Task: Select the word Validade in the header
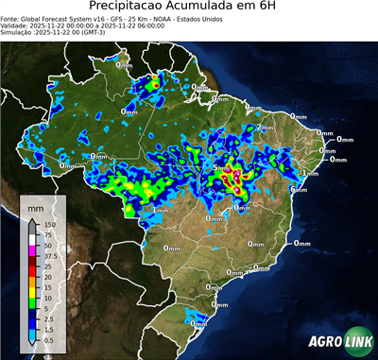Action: pos(15,26)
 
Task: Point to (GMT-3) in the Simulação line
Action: pos(90,33)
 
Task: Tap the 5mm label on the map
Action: pos(221,168)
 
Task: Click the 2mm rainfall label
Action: pos(265,128)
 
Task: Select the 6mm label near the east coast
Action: pos(299,189)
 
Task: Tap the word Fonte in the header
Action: pos(10,18)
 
